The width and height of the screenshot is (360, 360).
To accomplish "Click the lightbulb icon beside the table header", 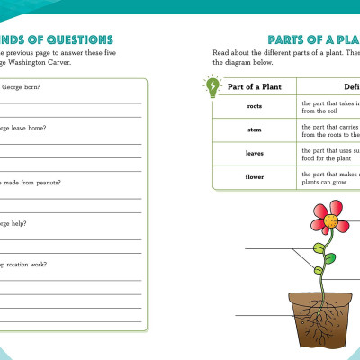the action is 212,86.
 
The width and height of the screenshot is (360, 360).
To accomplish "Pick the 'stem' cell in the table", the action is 254,130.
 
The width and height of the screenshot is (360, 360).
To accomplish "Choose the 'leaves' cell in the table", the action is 254,153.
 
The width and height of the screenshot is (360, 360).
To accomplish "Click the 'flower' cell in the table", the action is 254,176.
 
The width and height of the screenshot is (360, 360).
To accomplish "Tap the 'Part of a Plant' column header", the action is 254,86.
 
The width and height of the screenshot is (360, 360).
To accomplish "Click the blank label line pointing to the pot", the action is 261,316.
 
